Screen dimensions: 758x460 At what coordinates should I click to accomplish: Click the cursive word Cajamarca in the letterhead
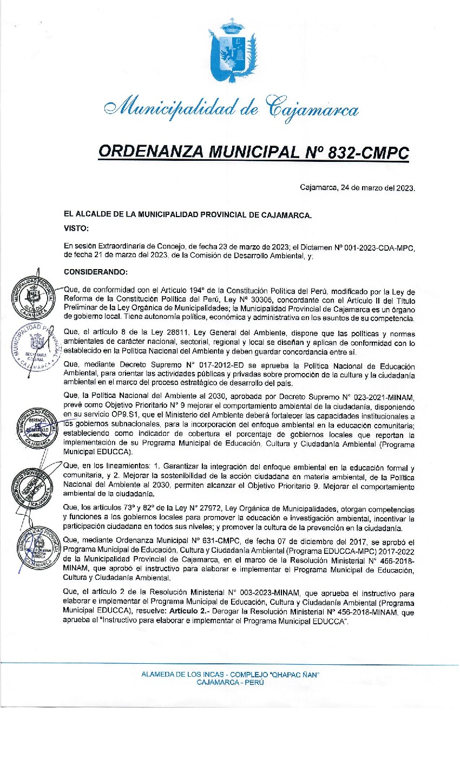pyautogui.click(x=313, y=110)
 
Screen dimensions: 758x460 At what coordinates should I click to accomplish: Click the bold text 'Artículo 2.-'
pyautogui.click(x=192, y=613)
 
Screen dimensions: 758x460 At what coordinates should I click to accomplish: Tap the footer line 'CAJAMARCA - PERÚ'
pyautogui.click(x=231, y=682)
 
